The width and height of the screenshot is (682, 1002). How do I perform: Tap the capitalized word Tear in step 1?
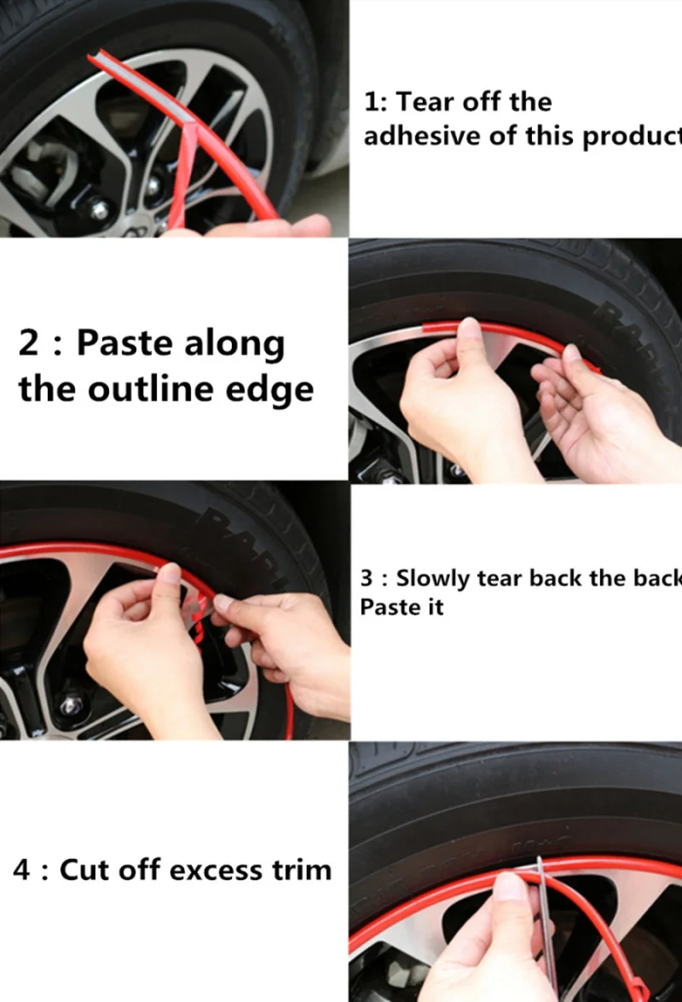pos(426,102)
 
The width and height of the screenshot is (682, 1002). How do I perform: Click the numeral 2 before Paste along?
pos(29,343)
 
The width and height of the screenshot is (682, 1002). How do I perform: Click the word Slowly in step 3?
pos(433,579)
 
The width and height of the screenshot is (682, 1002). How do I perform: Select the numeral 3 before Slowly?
pos(367,579)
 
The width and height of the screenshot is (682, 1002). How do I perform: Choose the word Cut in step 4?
pos(84,871)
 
